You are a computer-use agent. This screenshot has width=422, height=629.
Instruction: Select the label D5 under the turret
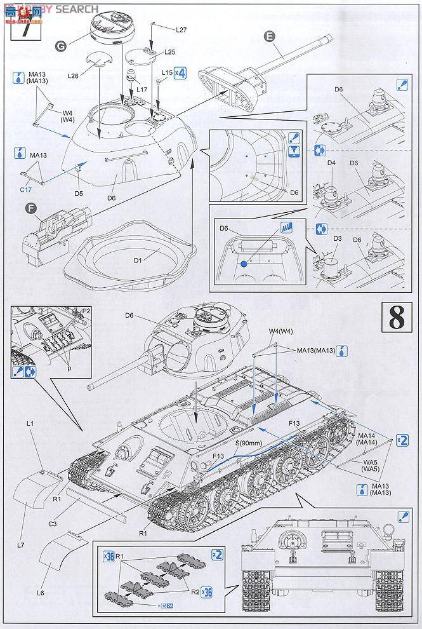(79, 193)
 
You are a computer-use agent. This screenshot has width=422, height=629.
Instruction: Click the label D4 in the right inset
(331, 163)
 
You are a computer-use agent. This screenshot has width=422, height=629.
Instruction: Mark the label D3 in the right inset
(337, 238)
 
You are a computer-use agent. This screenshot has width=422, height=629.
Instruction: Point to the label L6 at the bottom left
(41, 592)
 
